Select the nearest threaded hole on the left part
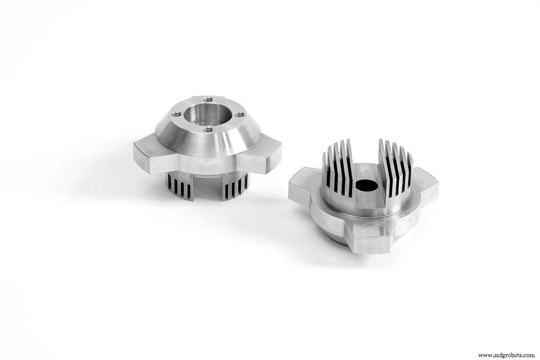click(207, 128)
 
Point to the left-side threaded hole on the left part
click(176, 114)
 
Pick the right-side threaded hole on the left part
click(240, 113)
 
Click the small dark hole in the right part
click(366, 185)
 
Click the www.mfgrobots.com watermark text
click(505, 355)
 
